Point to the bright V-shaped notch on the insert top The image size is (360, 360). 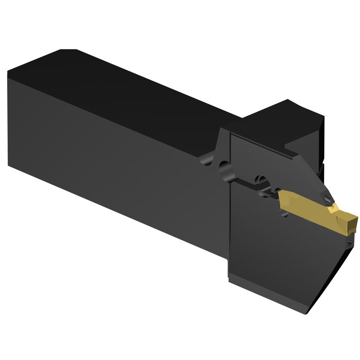click(333, 206)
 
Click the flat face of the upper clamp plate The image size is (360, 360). click(261, 156)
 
